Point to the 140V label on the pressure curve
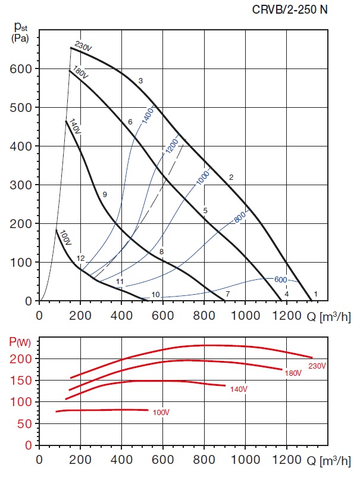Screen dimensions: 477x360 pos(74,126)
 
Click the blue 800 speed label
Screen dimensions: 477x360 pos(240,217)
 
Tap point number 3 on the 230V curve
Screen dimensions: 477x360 pos(140,80)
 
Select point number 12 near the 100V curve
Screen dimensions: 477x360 pos(81,258)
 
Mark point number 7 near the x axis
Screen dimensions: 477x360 pos(227,294)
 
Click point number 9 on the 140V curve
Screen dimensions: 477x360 pos(104,195)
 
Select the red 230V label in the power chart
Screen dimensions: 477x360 pos(317,365)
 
